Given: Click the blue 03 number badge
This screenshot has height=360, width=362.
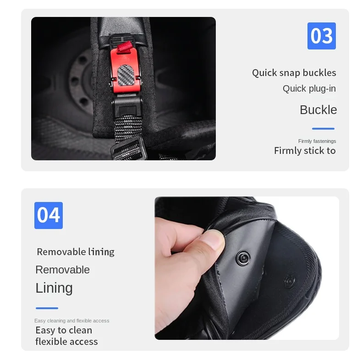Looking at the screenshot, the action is [321, 36].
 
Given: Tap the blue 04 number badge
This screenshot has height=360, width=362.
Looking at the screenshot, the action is [49, 215].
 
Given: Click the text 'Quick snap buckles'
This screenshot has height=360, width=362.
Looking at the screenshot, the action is [294, 73].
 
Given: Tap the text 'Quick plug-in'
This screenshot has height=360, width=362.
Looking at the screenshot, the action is [309, 88].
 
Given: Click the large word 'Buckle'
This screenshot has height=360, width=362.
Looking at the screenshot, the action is [318, 109].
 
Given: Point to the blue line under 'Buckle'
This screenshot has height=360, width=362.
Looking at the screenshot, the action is [323, 129].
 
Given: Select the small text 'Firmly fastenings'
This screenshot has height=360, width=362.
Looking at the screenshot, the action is [317, 141].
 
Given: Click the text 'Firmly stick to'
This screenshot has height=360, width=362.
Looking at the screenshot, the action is [305, 151].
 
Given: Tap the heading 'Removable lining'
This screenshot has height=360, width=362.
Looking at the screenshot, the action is [76, 252].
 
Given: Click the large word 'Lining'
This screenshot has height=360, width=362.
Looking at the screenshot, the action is [54, 288].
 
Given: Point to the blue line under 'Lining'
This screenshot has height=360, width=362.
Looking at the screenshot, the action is [47, 308].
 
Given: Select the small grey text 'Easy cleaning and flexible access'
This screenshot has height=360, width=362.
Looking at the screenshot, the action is [72, 321].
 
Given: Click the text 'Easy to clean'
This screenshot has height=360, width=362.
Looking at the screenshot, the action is [64, 330].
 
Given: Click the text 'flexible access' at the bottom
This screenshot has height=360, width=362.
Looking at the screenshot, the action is [66, 342].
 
